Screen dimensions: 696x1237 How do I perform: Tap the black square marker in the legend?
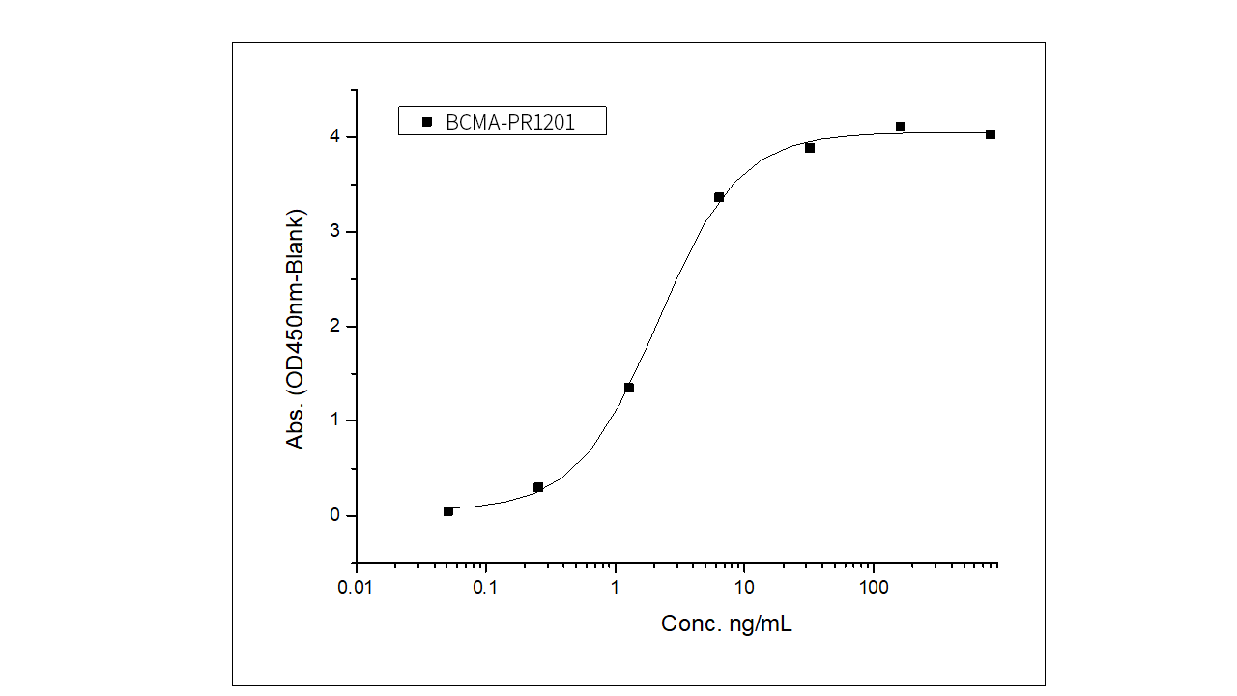427,122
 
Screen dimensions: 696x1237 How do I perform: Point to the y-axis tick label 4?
334,137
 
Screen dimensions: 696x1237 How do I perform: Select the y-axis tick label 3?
334,232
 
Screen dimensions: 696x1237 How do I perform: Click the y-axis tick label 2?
334,327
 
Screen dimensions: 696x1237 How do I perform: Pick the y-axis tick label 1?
334,420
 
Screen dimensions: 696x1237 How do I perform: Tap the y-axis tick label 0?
334,515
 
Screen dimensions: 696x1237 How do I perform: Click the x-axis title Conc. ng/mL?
727,624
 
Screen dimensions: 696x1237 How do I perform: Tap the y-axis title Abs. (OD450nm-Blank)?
295,328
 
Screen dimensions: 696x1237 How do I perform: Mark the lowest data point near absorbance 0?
448,511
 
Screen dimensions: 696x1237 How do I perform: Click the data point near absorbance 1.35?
629,388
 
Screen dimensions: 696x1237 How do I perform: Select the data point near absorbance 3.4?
719,197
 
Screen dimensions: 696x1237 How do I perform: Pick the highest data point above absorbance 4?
900,127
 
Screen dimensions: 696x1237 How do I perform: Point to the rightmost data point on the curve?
991,134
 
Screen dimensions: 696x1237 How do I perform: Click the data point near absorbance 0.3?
538,487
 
